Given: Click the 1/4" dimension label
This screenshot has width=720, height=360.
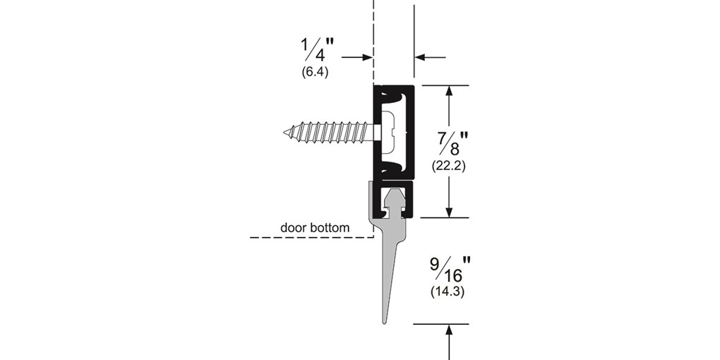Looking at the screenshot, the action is [x=317, y=51].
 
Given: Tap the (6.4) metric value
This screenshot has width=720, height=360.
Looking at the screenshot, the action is [x=315, y=72].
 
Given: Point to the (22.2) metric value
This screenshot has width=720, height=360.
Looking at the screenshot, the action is [x=449, y=166].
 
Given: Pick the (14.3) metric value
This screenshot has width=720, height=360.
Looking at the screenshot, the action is [x=448, y=292].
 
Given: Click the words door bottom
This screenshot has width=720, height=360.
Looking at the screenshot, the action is [x=315, y=227].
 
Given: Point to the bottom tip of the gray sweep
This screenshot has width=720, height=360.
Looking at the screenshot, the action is [x=385, y=323].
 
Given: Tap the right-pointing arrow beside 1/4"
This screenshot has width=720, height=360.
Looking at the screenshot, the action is [x=356, y=57].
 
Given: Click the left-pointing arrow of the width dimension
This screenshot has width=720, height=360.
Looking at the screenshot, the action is [x=431, y=57].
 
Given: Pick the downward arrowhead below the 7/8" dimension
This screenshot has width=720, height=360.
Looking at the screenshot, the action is [x=449, y=212].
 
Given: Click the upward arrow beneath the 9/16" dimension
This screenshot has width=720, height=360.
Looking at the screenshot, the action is [x=449, y=342].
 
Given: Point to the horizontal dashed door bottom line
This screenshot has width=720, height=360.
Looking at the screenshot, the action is [x=311, y=237].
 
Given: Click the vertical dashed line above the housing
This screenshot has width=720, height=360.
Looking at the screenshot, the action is [x=373, y=42].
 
